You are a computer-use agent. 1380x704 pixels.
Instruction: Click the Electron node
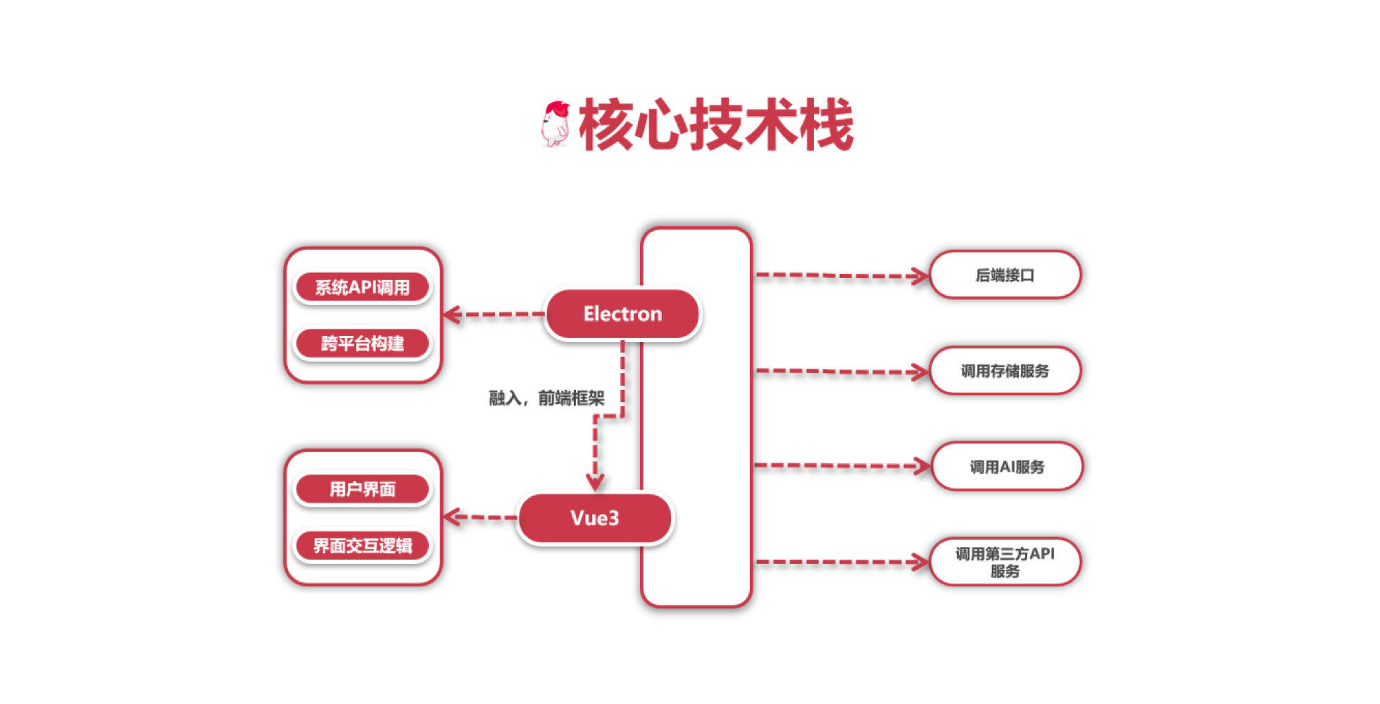coord(622,314)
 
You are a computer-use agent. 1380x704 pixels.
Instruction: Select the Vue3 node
coord(595,518)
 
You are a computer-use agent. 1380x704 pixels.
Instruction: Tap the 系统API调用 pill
coord(363,287)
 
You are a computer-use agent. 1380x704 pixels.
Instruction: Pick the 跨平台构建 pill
coord(363,344)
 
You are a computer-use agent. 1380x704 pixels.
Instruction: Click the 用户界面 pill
coord(363,489)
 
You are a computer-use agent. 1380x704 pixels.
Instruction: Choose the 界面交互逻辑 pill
coord(363,546)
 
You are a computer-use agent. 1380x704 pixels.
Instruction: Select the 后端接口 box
coord(1005,275)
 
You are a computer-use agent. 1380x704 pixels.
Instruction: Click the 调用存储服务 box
coord(1005,371)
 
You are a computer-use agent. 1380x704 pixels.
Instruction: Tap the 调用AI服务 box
coord(1007,467)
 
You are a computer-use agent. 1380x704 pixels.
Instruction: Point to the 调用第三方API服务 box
coord(1005,562)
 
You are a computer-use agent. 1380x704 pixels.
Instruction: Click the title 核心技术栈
coord(717,125)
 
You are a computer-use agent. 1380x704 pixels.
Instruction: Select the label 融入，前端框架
coord(547,398)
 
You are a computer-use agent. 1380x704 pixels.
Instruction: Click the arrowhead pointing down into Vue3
coord(595,482)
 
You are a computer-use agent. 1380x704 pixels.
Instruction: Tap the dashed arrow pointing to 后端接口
coord(842,275)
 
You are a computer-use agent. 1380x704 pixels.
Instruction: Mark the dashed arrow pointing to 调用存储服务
coord(842,371)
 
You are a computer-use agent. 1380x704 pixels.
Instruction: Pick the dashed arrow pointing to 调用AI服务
coord(843,466)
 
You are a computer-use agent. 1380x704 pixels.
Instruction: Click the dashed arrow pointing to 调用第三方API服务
coord(842,562)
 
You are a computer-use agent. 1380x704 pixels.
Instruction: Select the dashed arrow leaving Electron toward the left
coord(494,314)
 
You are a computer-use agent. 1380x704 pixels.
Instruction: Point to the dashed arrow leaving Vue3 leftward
coord(481,517)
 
